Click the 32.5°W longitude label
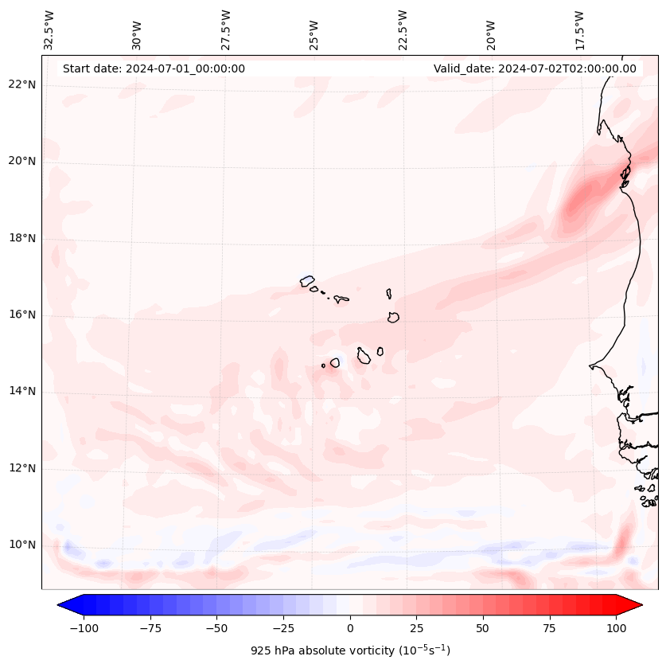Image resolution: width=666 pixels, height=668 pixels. point(49,29)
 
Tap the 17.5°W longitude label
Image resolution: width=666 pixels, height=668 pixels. point(579,29)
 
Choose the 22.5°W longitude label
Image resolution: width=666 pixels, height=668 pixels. point(403,29)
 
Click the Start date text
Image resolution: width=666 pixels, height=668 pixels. point(154,68)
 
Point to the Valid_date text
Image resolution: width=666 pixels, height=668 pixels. point(535,68)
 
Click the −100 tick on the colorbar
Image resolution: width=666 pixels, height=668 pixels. point(84,627)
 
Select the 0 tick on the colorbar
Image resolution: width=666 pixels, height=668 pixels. point(349,627)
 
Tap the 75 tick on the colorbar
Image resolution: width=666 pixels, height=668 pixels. point(549,627)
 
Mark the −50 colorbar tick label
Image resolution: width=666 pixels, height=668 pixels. point(216,627)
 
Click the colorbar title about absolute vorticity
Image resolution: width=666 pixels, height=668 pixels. point(350,650)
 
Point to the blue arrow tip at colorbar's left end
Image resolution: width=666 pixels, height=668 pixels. point(63,605)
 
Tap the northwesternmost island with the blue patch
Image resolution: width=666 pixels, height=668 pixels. point(307,280)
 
